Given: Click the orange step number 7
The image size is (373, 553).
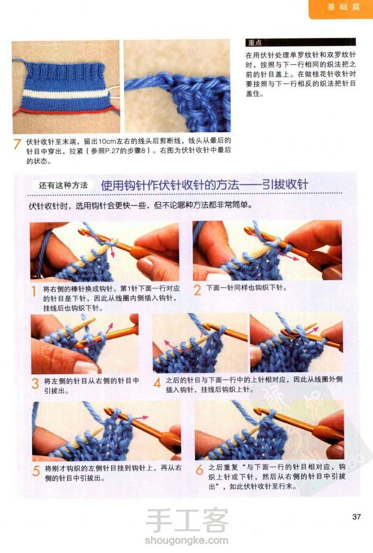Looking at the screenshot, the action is click(x=17, y=144).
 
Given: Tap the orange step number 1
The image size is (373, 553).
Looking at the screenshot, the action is click(x=34, y=292).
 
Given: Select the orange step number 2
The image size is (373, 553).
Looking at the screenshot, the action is click(x=198, y=290).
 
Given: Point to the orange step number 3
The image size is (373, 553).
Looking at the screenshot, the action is click(x=35, y=383).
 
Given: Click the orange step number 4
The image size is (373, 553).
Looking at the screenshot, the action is click(x=157, y=383).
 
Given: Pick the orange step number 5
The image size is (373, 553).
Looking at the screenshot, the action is click(x=36, y=471).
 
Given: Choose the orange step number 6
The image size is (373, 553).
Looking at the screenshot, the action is click(x=199, y=469).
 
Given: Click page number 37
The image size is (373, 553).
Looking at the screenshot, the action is click(x=357, y=517).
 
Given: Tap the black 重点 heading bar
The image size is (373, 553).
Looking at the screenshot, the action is click(x=300, y=43).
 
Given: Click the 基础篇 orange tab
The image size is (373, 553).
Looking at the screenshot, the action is click(x=340, y=8).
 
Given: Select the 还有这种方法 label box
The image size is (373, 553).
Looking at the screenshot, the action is click(x=63, y=185).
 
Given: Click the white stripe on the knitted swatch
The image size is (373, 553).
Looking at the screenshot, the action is click(x=66, y=94).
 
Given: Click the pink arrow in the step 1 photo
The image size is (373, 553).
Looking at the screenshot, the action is click(x=112, y=252).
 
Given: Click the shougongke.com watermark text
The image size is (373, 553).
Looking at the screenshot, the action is click(x=186, y=540).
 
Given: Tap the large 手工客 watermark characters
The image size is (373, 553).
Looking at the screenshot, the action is click(x=187, y=520).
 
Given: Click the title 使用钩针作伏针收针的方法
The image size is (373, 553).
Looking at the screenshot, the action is click(x=170, y=185).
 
